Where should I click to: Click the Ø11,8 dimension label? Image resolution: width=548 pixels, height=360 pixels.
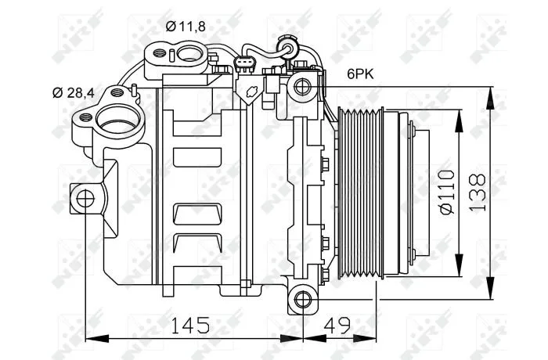pos(186,27)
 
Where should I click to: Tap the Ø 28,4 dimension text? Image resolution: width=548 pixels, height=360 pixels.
pos(74,93)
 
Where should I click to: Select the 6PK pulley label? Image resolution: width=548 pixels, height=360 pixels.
pos(360,74)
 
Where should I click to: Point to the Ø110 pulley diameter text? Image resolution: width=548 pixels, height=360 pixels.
pos(447,192)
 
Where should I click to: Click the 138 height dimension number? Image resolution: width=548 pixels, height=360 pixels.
pos(478,193)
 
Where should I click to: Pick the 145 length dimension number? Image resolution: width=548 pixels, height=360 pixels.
pos(189,326)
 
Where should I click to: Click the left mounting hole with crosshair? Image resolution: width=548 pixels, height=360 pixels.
pos(85,199)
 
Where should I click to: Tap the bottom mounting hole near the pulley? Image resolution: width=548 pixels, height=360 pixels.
pos(303,299)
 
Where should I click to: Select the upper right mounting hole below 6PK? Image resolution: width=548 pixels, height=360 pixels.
pos(302,86)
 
